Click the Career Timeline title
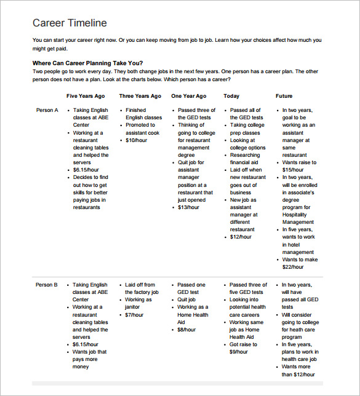(70, 23)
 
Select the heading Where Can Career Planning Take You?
(87, 63)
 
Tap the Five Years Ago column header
(86, 97)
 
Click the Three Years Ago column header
(140, 97)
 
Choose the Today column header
(231, 97)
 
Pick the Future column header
(284, 97)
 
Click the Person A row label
(47, 110)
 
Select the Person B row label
(47, 285)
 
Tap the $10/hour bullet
(137, 140)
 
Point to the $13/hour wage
(188, 207)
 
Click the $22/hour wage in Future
(292, 267)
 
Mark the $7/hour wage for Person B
(135, 315)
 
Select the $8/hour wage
(188, 330)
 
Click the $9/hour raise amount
(240, 352)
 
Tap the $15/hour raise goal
(292, 170)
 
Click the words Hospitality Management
(298, 218)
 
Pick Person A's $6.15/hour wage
(86, 170)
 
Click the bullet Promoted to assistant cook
(143, 129)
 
